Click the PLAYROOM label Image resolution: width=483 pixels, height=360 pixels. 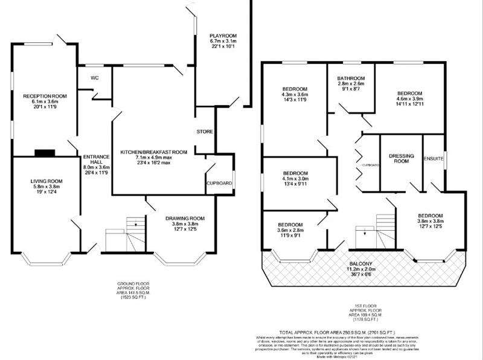pos(222,36)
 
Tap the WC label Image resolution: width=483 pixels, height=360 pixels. pos(94,78)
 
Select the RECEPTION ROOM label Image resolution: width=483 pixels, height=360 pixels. pos(45,95)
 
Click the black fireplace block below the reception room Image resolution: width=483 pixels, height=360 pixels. pos(44,153)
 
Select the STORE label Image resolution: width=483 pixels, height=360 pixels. pos(205,132)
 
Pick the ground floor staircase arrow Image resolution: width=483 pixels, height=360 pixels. pos(135,225)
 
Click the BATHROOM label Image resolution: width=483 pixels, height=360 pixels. pos(351,79)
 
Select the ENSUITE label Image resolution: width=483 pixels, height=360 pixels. pos(434,159)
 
